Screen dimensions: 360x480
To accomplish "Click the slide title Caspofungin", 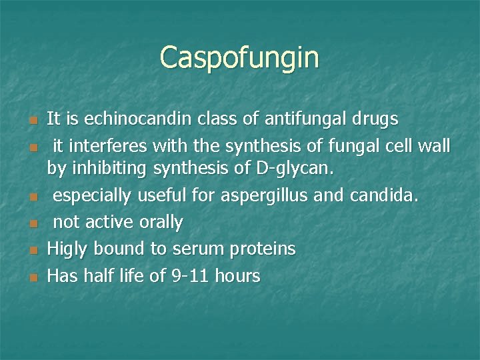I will pyautogui.click(x=239, y=57).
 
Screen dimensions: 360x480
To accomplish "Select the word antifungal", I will pyautogui.click(x=297, y=119).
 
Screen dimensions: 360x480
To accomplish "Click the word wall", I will pyautogui.click(x=435, y=145).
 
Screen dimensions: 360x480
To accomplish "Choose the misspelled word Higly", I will pyautogui.click(x=68, y=249).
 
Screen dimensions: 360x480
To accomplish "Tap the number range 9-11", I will pyautogui.click(x=183, y=275).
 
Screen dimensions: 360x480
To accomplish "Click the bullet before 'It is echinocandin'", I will pyautogui.click(x=33, y=121).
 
